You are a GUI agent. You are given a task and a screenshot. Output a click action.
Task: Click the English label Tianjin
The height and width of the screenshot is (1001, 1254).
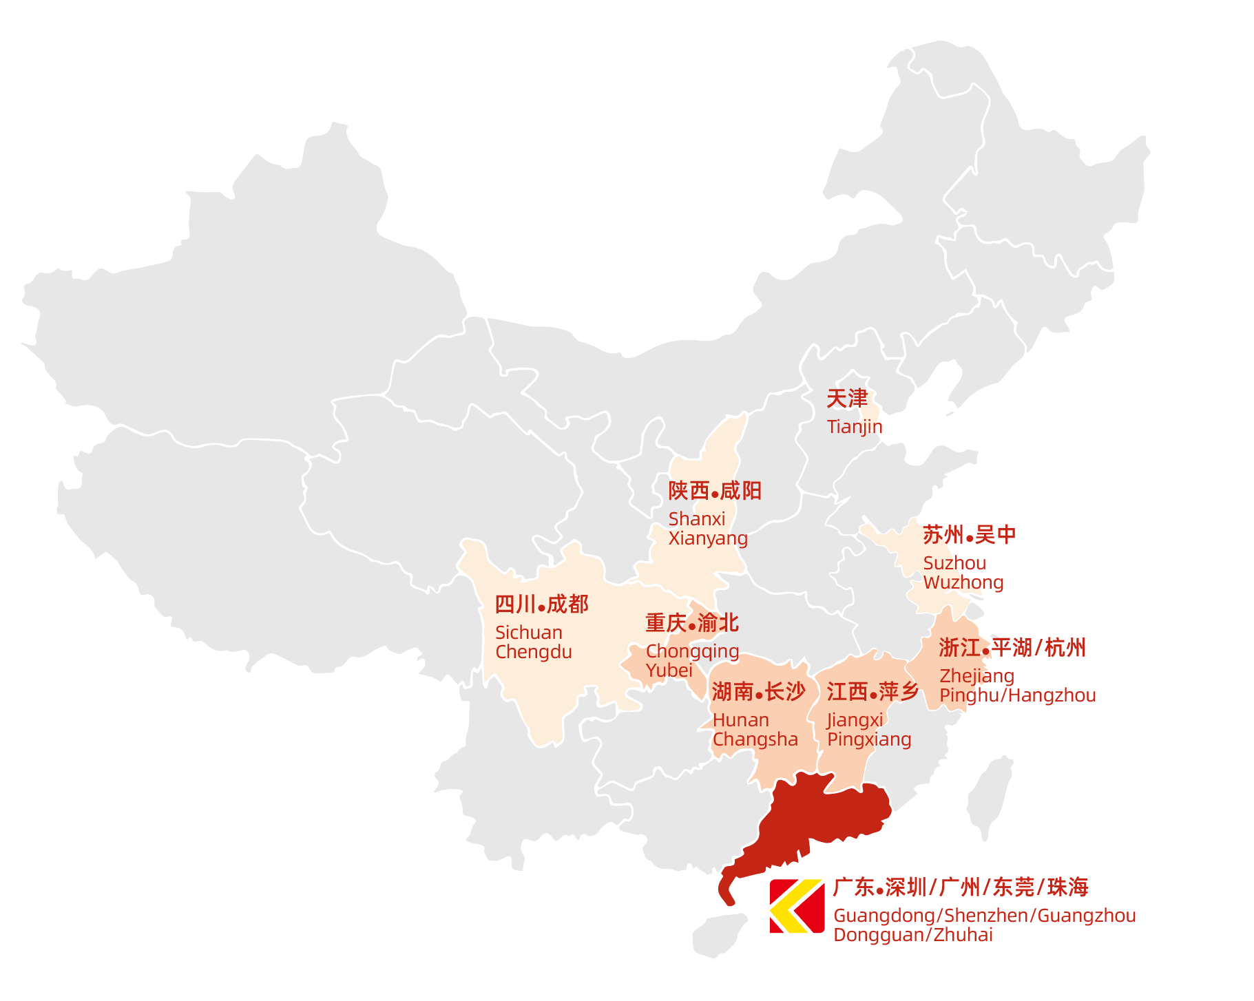tap(854, 427)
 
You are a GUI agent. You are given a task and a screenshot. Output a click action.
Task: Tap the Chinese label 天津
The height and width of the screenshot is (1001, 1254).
tap(847, 399)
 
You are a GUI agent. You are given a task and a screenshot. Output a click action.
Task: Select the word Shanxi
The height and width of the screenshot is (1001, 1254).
tap(696, 518)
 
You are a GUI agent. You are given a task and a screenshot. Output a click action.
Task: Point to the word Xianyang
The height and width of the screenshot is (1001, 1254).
tap(708, 538)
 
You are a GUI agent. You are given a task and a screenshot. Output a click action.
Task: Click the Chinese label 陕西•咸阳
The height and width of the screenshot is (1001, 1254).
tap(715, 491)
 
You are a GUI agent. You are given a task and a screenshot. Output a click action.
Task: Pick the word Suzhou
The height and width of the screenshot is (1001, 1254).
tap(954, 563)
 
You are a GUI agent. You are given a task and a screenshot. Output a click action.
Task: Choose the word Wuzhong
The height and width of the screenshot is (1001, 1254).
tap(963, 582)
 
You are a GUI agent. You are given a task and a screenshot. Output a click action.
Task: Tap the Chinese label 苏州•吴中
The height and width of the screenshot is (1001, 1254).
tap(969, 535)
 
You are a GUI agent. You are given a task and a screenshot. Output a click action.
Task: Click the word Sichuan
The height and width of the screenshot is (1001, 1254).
tap(528, 632)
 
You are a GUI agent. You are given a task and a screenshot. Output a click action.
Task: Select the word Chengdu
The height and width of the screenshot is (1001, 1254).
tap(533, 652)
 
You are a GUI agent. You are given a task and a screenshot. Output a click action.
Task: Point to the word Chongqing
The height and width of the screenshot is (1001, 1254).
tap(692, 651)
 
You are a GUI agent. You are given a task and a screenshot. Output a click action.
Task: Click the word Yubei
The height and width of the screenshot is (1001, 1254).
tap(669, 670)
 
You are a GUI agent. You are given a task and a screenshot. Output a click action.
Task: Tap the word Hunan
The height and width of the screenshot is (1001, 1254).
tap(740, 720)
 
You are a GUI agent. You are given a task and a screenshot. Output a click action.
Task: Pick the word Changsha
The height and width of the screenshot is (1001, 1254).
tap(755, 739)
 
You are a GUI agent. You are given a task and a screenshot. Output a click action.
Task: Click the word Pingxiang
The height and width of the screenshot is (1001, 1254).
tap(869, 739)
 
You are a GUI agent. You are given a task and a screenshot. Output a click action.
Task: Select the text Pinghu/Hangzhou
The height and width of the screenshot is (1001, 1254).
tap(1017, 695)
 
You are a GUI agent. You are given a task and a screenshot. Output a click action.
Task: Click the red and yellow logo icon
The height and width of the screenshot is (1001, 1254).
tap(797, 906)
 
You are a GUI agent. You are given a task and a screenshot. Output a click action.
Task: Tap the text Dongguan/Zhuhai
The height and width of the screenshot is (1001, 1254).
tap(913, 935)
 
